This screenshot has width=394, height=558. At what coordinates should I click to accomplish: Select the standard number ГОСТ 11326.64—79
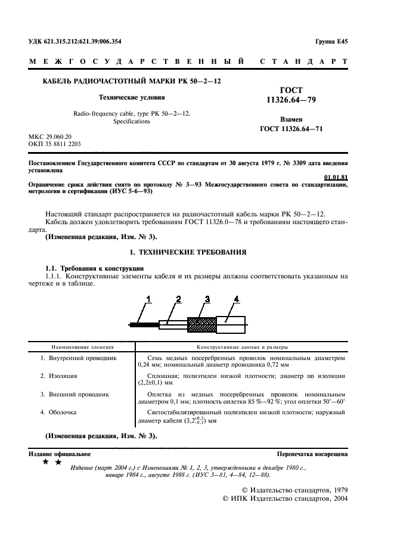(x=291, y=95)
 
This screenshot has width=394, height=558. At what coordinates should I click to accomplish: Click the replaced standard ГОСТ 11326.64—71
(x=291, y=128)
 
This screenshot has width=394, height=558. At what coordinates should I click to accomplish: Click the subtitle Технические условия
(x=131, y=97)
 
